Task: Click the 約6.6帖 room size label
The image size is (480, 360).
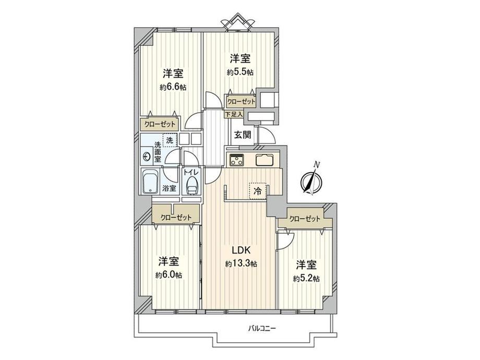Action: pos(173,87)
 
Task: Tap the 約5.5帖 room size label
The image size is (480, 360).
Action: pos(240,72)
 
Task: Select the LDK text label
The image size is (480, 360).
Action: pos(241,250)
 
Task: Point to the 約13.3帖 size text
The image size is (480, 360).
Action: pos(241,263)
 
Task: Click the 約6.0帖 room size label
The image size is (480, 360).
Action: pos(169,275)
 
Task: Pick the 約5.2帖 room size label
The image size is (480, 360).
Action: pos(306,279)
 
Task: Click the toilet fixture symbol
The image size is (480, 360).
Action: pos(192,186)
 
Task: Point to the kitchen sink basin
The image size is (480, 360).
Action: pos(264,160)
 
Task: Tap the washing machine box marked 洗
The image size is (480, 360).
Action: pos(170,140)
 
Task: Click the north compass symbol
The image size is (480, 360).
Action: pos(311,179)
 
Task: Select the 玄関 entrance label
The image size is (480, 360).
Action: pos(243,135)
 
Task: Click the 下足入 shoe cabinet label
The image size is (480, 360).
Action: pos(234,114)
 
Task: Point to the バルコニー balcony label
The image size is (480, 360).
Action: pos(262,329)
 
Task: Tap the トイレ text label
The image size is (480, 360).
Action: pos(191,172)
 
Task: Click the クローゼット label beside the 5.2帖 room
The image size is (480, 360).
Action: pos(305,219)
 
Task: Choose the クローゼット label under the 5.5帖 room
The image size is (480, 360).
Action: pos(241,101)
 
